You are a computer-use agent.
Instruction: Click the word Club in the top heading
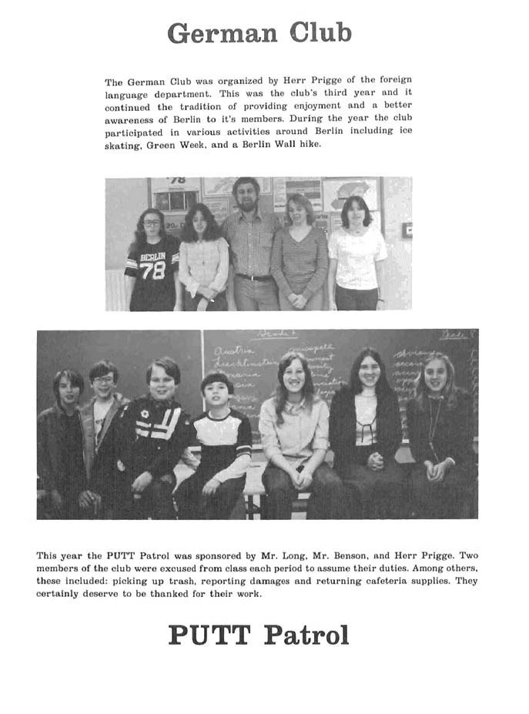[321, 33]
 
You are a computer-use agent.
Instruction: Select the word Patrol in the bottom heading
[306, 635]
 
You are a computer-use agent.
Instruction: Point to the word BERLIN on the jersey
[152, 257]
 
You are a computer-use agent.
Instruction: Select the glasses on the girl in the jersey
[152, 223]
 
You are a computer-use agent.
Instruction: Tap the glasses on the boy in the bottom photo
[105, 379]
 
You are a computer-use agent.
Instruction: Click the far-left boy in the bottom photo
[68, 439]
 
